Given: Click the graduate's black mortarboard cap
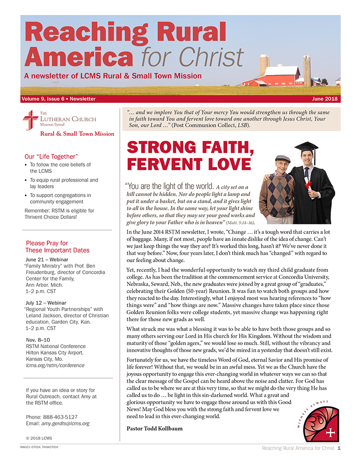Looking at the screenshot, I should pyautogui.click(x=306, y=147).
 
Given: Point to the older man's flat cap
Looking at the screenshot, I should pyautogui.click(x=282, y=159).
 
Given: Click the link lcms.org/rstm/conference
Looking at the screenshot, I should pyautogui.click(x=54, y=366).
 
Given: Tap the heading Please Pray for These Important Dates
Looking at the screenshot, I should pyautogui.click(x=58, y=246).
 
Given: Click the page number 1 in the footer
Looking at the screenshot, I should pyautogui.click(x=338, y=448).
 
